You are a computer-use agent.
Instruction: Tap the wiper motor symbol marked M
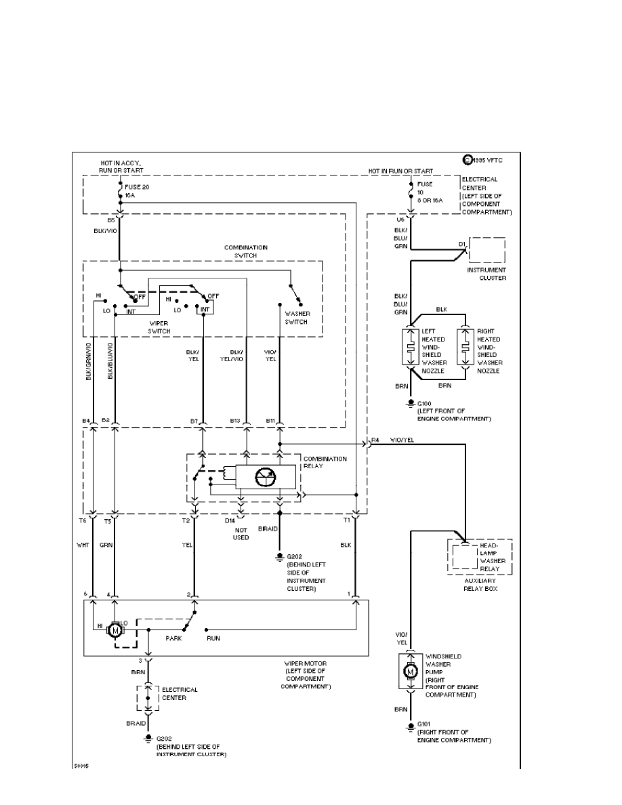point(115,629)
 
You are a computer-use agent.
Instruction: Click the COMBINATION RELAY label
point(325,462)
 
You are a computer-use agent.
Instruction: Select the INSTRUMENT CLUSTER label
point(487,274)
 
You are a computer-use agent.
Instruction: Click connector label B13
point(235,421)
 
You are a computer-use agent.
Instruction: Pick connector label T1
point(346,521)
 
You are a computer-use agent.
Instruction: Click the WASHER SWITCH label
point(296,318)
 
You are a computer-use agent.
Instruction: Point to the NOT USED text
point(241,533)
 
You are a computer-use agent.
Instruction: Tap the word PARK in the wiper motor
point(174,638)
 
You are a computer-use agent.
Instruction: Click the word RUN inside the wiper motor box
point(213,638)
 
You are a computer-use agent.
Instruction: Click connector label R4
point(375,440)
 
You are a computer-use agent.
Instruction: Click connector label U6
point(400,220)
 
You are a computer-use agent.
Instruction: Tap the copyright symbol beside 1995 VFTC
point(467,161)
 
